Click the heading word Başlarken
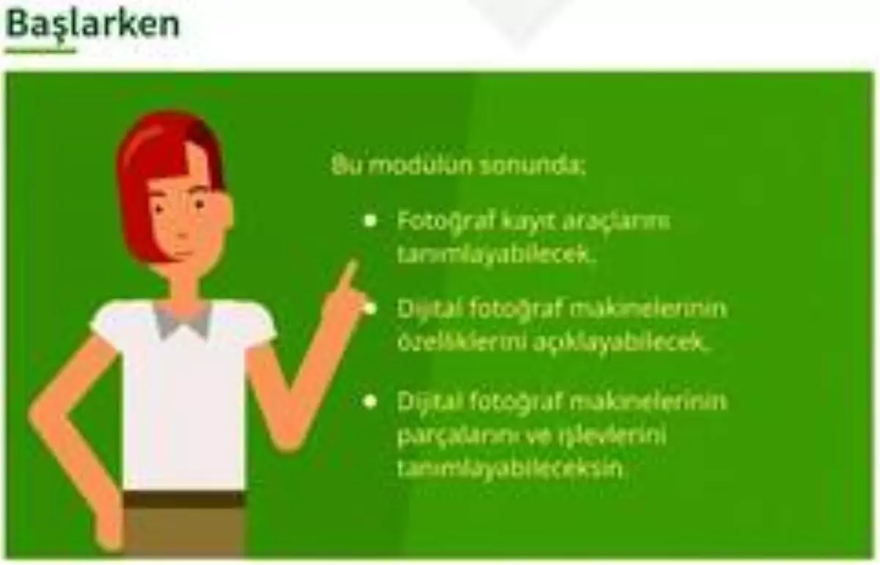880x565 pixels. [93, 23]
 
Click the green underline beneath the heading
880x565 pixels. [40, 51]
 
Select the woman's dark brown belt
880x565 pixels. [183, 500]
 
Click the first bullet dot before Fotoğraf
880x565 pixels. [371, 220]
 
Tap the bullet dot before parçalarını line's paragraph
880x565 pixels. [371, 401]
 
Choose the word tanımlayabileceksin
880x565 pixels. [514, 468]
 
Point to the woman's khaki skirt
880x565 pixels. [183, 532]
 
